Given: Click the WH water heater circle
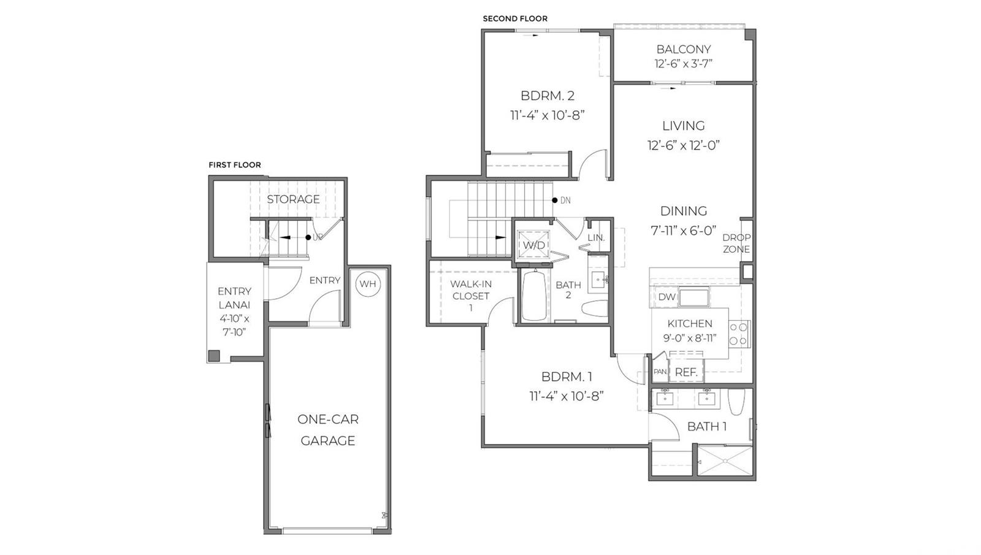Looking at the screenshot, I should [368, 284].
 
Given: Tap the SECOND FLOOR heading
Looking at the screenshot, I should [515, 18].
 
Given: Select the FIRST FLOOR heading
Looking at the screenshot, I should [234, 165].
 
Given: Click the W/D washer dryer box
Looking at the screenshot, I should [533, 245].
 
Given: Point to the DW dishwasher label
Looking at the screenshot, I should [666, 297].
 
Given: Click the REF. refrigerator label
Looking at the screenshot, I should [686, 372].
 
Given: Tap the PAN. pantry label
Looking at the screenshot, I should [660, 372].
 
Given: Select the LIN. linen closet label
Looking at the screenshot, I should [596, 237].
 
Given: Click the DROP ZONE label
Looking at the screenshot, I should [736, 243].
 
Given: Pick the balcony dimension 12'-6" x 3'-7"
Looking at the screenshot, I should [683, 64].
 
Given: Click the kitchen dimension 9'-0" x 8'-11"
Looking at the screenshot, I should [690, 338].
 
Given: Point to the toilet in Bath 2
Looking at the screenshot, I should [594, 308].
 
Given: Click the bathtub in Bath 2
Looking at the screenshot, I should [535, 296].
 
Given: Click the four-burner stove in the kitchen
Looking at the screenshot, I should [739, 334].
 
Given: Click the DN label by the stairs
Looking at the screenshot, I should [565, 201].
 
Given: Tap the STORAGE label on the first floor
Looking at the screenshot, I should [293, 199].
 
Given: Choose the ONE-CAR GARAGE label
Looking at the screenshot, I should [328, 430].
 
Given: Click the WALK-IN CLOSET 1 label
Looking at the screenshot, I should [471, 296].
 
